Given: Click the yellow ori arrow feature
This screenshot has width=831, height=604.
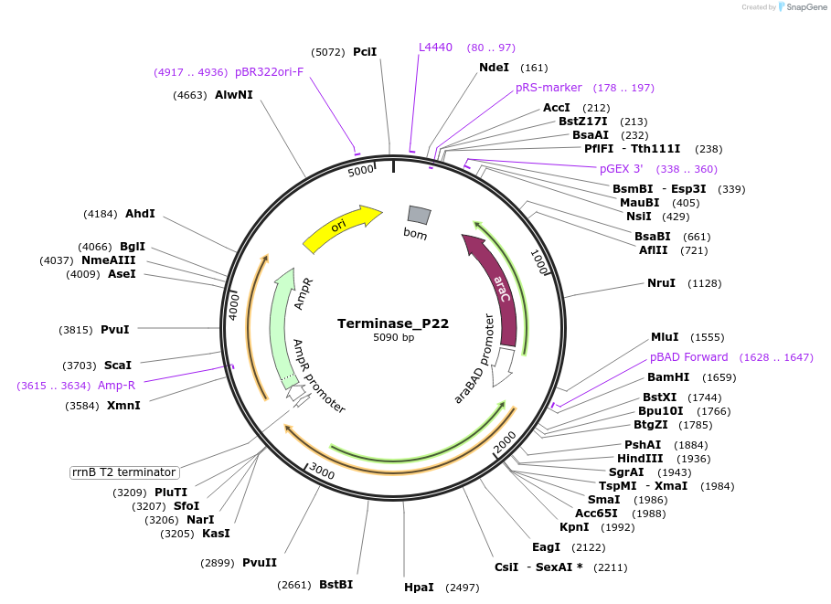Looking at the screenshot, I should click(340, 228).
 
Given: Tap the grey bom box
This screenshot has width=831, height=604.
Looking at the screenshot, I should click(418, 215).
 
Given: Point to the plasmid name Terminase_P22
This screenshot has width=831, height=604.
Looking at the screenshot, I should click(393, 323).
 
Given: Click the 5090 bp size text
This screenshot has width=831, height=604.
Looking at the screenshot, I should click(393, 338).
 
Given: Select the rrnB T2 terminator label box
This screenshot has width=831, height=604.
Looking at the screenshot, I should click(124, 472).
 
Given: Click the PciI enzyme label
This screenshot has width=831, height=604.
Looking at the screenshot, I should click(365, 52).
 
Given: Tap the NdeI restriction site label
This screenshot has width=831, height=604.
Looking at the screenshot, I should click(494, 68).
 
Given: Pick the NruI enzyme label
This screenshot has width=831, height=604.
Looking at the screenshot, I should click(661, 283).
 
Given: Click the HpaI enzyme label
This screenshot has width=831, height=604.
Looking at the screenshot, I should click(419, 588).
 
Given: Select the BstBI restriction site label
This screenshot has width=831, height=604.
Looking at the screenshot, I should click(336, 585).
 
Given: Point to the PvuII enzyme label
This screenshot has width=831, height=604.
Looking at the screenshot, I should click(260, 563).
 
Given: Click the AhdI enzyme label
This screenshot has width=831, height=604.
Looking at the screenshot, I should click(140, 214).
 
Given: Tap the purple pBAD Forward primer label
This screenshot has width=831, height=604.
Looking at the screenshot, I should click(688, 357).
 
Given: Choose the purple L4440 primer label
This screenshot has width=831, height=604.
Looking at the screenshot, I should click(435, 48).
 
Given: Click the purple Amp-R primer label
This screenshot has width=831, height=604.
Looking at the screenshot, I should click(116, 386).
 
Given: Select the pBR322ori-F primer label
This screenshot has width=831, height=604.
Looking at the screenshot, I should click(269, 71).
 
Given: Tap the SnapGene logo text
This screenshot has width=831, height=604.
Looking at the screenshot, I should click(804, 7).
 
